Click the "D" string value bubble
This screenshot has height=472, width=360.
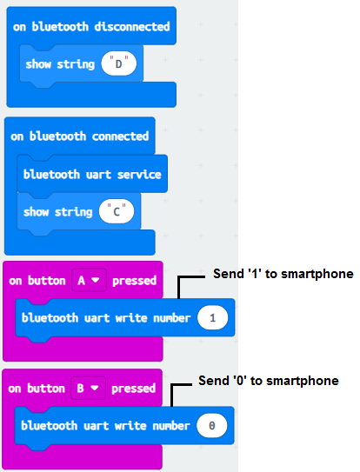(118, 63)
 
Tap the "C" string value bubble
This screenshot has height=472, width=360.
(117, 211)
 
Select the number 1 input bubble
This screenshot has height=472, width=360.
(213, 317)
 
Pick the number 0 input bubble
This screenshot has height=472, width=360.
(212, 425)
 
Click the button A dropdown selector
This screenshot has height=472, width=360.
(89, 280)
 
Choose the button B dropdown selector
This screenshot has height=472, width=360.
(89, 388)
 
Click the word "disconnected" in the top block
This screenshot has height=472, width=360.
(132, 26)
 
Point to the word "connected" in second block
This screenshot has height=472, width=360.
(120, 136)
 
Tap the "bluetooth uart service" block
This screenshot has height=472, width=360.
(92, 174)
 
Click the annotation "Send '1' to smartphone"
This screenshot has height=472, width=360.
(283, 274)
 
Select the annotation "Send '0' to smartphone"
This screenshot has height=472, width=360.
(269, 381)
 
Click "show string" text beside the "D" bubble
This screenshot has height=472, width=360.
(60, 64)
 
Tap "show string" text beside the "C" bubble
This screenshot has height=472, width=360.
(58, 212)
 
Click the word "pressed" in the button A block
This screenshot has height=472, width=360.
(135, 281)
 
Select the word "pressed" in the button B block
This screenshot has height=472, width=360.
(133, 389)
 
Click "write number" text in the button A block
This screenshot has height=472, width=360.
(153, 318)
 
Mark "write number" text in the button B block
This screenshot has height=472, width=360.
(152, 426)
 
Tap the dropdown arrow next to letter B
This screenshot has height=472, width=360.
(95, 388)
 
